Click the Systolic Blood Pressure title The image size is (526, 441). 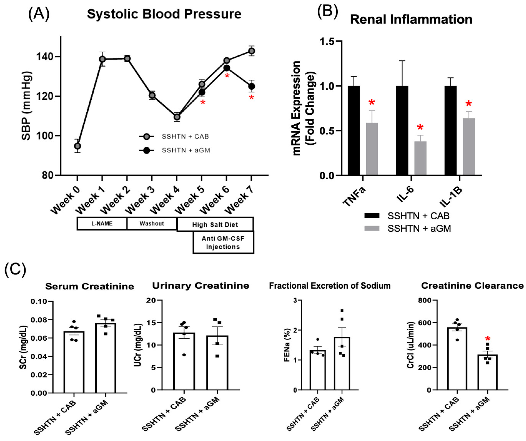(164, 14)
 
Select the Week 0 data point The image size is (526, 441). (77, 146)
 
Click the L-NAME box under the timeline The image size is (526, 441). (102, 223)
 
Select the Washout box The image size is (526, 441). (152, 223)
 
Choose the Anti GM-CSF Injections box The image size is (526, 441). (223, 242)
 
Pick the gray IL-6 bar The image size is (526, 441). (420, 158)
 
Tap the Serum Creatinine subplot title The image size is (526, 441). (89, 286)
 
